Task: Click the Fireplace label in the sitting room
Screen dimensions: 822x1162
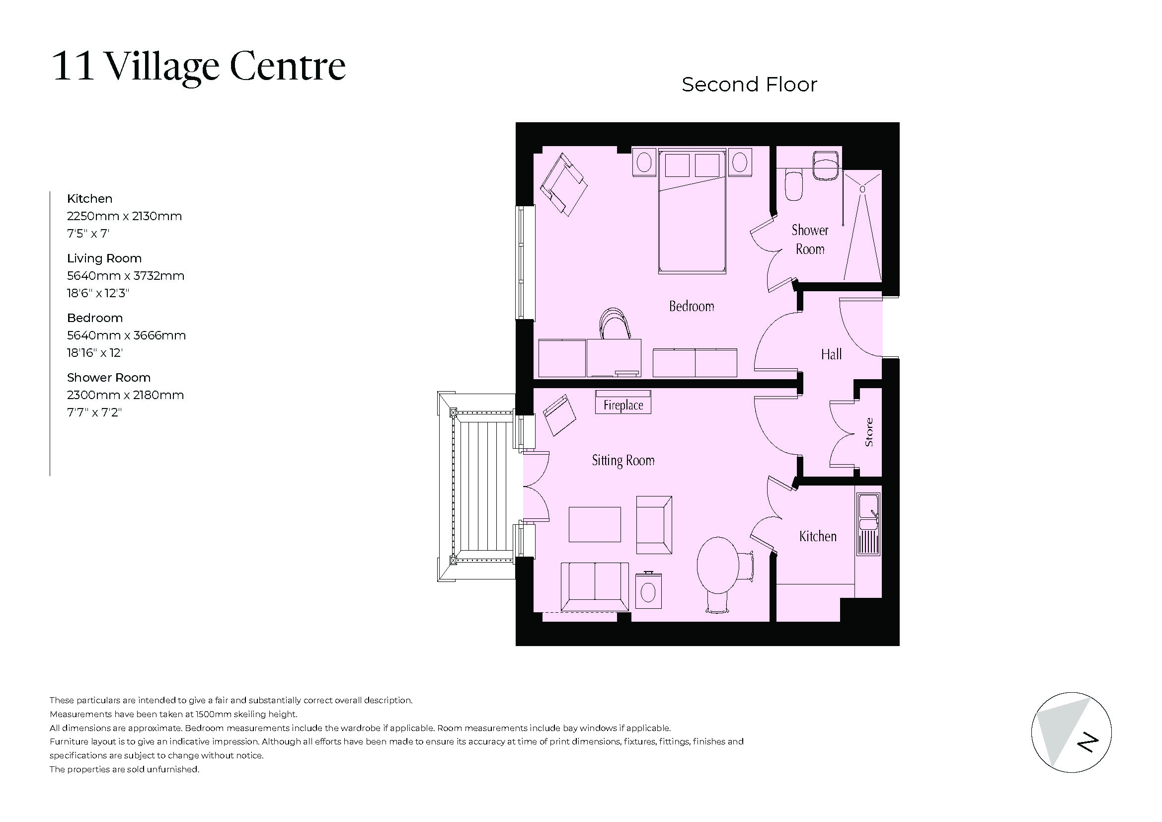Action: coord(623,405)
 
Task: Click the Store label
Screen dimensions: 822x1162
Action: coord(869,432)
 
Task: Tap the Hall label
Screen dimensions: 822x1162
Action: coord(831,354)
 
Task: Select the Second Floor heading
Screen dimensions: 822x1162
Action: coord(749,84)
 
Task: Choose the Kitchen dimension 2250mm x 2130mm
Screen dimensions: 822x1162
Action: coord(125,216)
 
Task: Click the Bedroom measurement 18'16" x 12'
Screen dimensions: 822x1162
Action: coord(95,353)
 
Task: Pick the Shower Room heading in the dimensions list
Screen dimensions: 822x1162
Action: coord(109,378)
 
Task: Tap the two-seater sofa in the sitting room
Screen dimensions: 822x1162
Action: coord(595,585)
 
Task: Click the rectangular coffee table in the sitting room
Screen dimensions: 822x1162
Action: coord(595,524)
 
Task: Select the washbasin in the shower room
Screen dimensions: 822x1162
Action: coord(827,165)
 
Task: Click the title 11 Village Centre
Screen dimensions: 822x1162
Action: coord(199,66)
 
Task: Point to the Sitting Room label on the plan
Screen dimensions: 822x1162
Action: coord(623,460)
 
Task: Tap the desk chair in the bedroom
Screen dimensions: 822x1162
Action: coord(615,324)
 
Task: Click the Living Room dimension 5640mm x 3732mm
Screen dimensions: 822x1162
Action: coord(126,276)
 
